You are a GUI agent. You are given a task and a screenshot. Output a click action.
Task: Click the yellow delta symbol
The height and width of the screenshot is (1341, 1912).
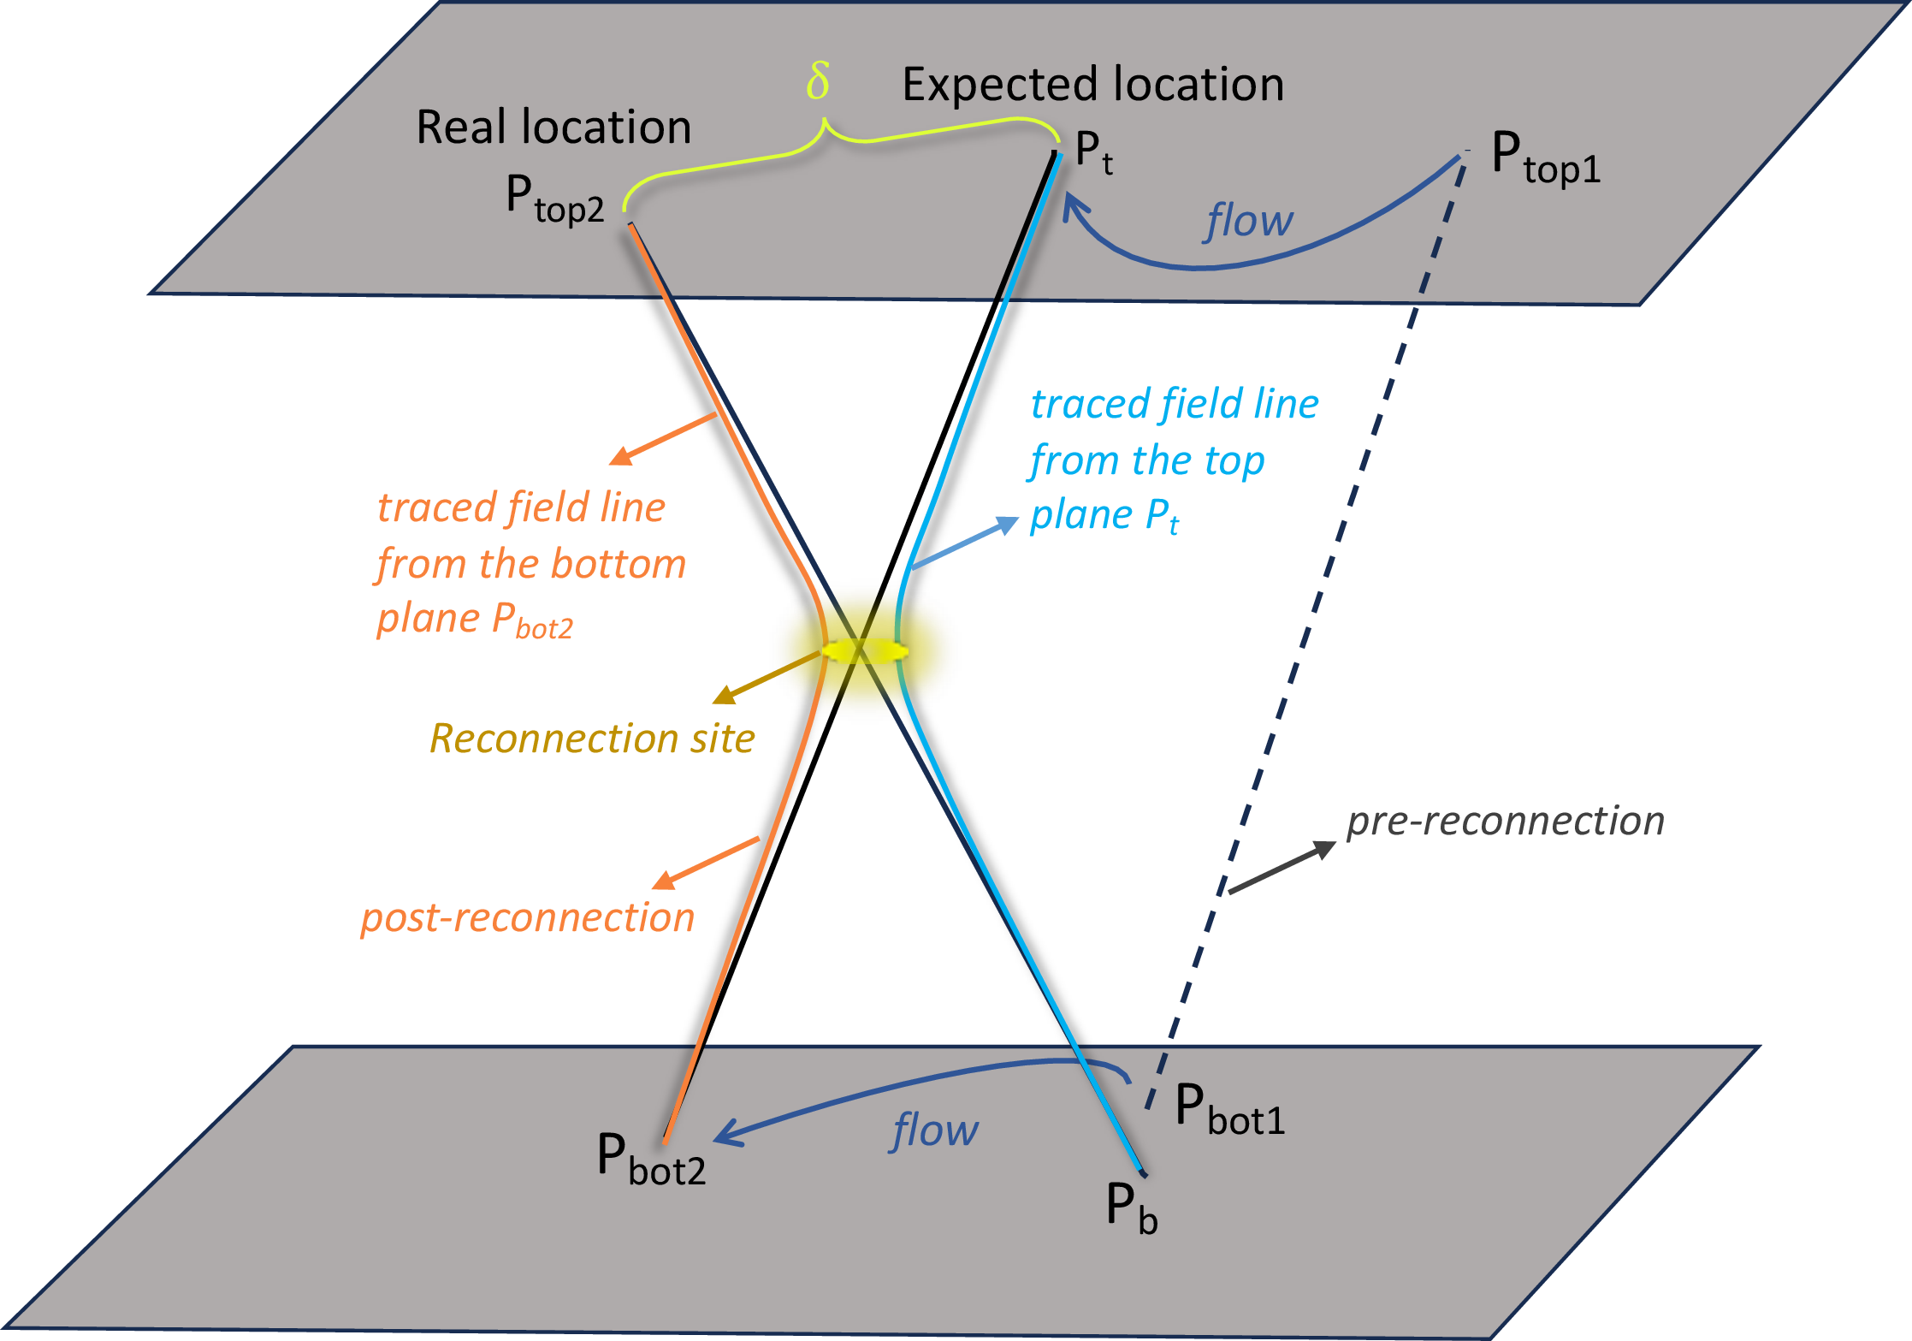point(818,82)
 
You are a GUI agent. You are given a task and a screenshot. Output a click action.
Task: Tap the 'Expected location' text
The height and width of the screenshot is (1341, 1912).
point(1092,85)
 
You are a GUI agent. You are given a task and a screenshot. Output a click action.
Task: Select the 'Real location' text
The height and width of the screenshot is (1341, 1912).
point(553,128)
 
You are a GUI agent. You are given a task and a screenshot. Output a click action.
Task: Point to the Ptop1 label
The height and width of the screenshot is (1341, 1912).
point(1545,158)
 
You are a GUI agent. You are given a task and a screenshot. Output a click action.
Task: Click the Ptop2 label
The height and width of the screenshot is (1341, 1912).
point(554,199)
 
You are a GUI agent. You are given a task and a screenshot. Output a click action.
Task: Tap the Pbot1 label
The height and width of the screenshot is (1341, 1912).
point(1229,1109)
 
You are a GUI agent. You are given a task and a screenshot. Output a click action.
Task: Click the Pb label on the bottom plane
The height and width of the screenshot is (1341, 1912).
point(1131,1207)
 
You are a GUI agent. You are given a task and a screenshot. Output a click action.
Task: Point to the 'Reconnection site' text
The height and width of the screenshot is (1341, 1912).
point(592,739)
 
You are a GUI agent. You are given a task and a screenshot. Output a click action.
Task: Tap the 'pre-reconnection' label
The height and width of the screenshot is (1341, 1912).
point(1505,822)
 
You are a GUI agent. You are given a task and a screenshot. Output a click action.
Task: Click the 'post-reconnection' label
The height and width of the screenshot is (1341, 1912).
point(527,918)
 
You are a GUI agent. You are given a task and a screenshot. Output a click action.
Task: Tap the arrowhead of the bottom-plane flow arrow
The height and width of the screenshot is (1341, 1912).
point(725,1134)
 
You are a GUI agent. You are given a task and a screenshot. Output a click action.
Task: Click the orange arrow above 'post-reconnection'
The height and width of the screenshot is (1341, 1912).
point(705,863)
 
